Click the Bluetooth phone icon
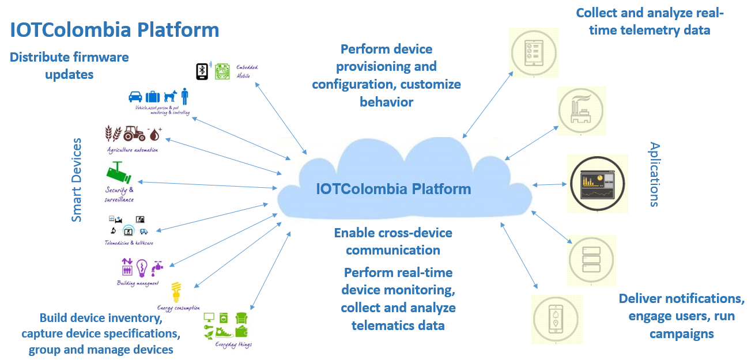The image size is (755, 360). click(x=202, y=71)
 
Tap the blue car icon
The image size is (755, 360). click(x=135, y=97)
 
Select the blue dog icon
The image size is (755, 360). click(x=170, y=96)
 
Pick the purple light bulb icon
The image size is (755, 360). click(x=142, y=268)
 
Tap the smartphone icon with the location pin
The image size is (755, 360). click(x=557, y=319)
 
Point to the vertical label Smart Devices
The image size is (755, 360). click(x=77, y=179)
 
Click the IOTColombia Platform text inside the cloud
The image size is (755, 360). click(x=393, y=189)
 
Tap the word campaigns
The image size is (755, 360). click(x=681, y=334)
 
